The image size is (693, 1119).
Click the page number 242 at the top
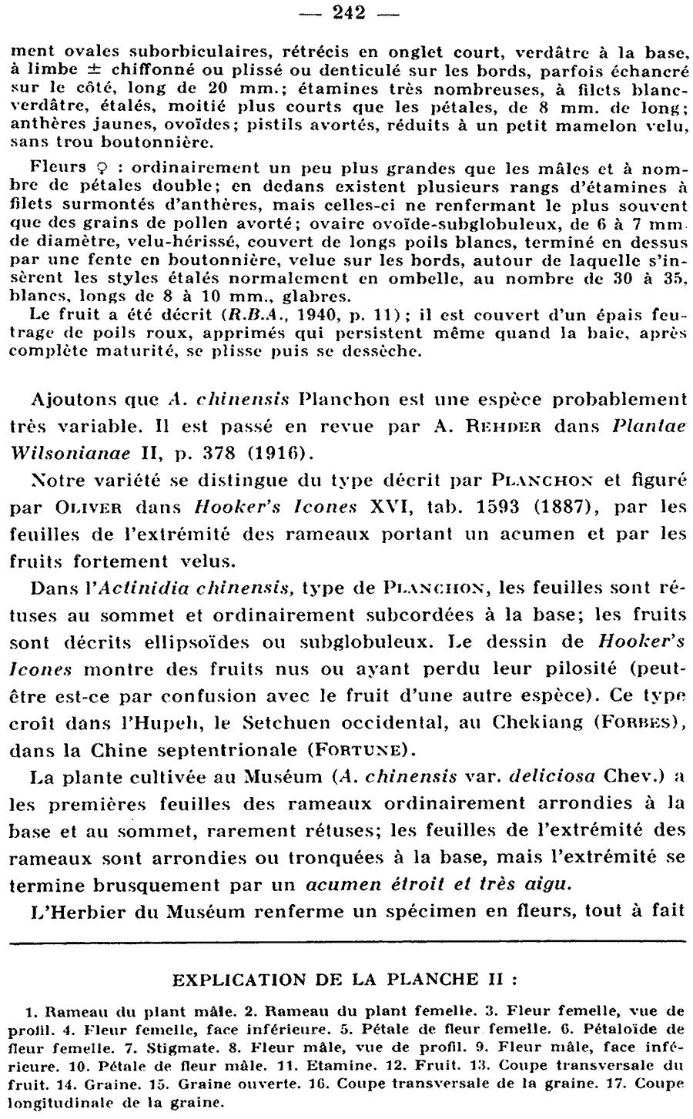346,12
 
